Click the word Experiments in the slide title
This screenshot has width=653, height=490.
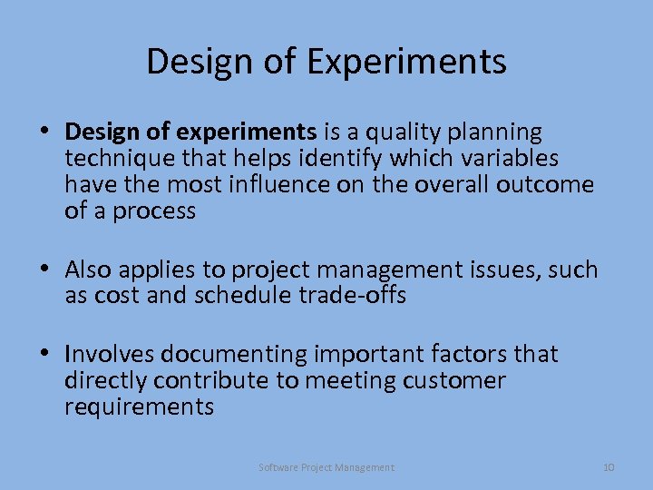(x=407, y=62)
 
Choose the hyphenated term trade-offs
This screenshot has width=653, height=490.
(x=353, y=296)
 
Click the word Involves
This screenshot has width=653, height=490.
(x=108, y=354)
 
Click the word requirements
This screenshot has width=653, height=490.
(x=139, y=407)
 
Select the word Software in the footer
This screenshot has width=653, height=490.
(x=277, y=467)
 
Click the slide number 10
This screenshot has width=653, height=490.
(x=609, y=467)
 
